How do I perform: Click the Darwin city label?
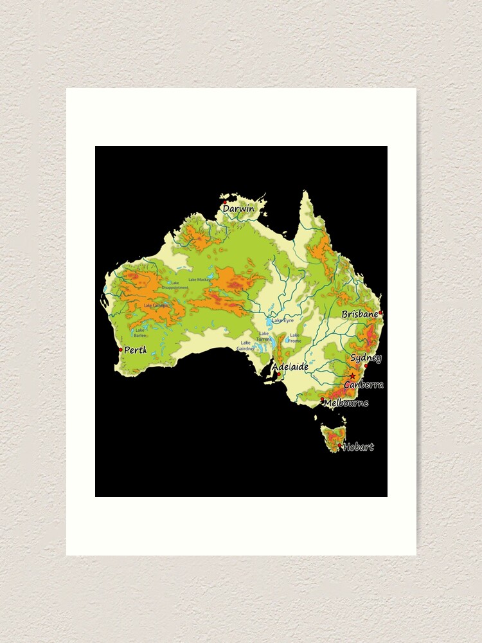(239, 208)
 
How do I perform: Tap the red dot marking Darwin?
(224, 202)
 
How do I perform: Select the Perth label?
(136, 350)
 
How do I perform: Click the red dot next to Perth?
(120, 350)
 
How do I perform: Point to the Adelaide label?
(290, 367)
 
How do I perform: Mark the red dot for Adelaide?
(278, 374)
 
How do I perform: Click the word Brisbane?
(360, 314)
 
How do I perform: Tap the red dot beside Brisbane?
(380, 312)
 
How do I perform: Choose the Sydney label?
(366, 358)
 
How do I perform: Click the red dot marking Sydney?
(366, 366)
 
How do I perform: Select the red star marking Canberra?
(352, 376)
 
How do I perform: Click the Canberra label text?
(364, 385)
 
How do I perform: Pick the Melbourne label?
(347, 403)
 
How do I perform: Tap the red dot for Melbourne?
(323, 399)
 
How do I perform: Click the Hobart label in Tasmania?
(359, 447)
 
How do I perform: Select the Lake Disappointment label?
(175, 285)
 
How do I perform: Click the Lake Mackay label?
(199, 280)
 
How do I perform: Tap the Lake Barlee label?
(140, 332)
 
